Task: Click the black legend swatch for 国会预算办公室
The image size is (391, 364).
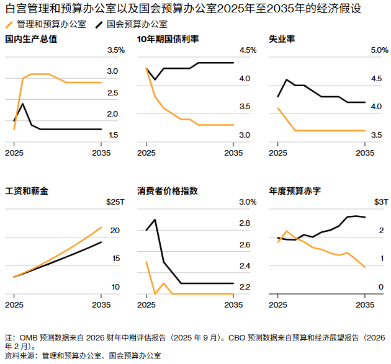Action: click(x=99, y=25)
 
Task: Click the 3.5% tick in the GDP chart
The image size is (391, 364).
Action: click(x=116, y=50)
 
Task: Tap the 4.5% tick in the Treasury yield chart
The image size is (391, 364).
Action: click(x=248, y=50)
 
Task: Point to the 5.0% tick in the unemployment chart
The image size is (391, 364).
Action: click(x=379, y=50)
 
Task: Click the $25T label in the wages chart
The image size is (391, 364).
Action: click(x=115, y=202)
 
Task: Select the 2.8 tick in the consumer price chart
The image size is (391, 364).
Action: click(x=245, y=223)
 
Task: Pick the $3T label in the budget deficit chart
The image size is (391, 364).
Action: click(x=381, y=202)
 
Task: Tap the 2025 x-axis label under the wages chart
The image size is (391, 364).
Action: click(x=14, y=304)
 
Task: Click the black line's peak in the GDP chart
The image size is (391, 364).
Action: click(x=23, y=103)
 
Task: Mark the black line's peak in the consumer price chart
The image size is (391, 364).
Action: click(x=155, y=220)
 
